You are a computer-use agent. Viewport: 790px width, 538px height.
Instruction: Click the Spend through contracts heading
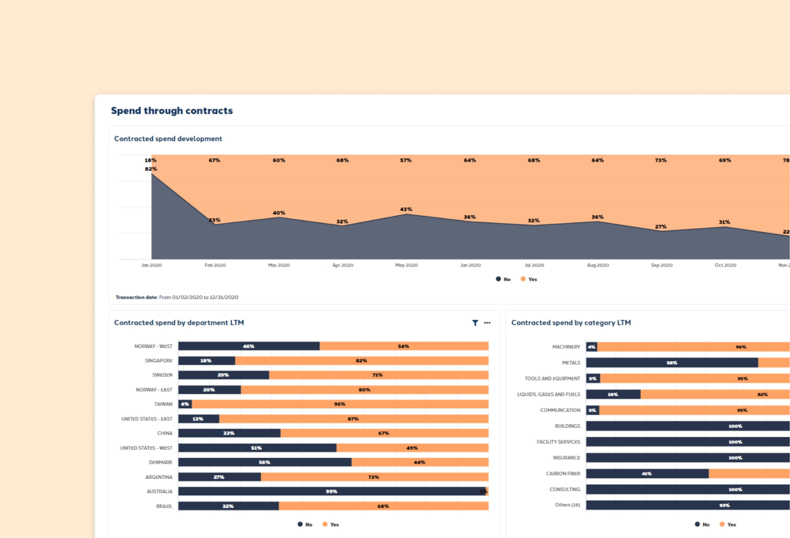(172, 110)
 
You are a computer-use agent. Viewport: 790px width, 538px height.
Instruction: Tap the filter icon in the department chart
(475, 323)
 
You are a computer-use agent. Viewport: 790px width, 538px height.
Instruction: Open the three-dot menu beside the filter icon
(487, 323)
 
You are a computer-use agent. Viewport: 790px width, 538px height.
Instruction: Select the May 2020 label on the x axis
(406, 265)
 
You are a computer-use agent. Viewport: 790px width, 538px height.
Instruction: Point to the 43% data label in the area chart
(406, 209)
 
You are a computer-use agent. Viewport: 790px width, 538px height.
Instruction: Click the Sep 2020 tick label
(661, 265)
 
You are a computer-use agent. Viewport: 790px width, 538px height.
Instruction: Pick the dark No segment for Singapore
(207, 360)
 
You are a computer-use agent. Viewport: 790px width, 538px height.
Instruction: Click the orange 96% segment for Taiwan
(340, 404)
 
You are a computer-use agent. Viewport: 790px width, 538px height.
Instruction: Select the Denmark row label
(160, 462)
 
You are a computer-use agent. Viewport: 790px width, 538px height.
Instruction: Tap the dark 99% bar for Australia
(331, 491)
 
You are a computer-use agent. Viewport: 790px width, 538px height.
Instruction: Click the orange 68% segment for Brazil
(383, 506)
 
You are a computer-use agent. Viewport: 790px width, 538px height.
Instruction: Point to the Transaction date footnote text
(177, 297)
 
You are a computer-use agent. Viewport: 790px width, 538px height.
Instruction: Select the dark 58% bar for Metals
(672, 363)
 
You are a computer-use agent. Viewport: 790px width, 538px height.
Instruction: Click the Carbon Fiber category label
(563, 474)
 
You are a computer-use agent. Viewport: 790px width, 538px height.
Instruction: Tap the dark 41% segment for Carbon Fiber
(647, 474)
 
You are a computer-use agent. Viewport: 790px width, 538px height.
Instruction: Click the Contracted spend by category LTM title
(571, 323)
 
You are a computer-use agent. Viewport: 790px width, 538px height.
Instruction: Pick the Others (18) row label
(567, 505)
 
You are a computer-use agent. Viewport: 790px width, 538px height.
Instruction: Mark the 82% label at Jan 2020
(151, 169)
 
